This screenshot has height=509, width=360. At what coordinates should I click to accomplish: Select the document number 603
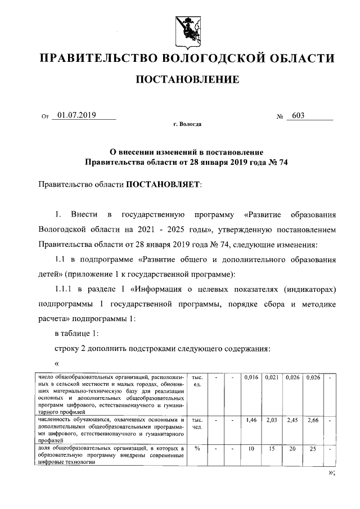click(298, 116)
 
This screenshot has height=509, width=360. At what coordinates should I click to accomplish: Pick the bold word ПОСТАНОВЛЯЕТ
click(161, 184)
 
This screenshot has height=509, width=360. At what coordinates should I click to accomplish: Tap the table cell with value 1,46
click(252, 420)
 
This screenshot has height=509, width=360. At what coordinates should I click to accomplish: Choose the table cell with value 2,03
click(273, 420)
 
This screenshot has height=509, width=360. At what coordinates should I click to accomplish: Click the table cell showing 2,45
click(292, 420)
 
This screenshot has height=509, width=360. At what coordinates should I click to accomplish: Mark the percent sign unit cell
click(197, 448)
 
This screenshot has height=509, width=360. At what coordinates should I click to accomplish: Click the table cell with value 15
click(273, 448)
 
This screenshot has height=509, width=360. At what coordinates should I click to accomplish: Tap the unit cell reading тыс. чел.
click(197, 423)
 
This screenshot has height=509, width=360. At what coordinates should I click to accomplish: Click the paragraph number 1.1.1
click(66, 289)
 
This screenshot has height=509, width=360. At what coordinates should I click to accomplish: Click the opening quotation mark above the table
click(57, 363)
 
